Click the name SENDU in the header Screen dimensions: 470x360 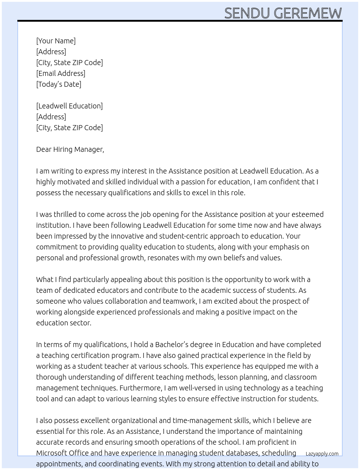point(247,13)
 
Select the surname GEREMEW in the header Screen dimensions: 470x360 point(308,13)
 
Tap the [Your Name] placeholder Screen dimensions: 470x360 point(56,41)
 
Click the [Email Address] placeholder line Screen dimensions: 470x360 point(61,73)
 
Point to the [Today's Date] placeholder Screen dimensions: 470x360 point(59,84)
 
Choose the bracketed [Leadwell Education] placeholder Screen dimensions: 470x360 point(69,106)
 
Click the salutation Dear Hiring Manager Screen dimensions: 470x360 point(70,149)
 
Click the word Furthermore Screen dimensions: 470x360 point(141,388)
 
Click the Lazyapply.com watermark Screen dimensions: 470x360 point(322,454)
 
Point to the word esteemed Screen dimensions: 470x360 point(308,214)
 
